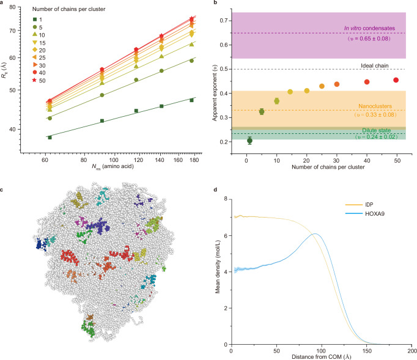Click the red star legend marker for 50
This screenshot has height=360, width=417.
pos(34,80)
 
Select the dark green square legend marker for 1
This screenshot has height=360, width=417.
pos(35,20)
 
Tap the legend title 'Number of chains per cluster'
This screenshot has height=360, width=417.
pos(68,9)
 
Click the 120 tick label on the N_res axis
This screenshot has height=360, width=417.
pos(138,160)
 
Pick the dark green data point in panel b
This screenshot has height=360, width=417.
pos(249,141)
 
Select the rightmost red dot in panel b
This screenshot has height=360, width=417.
pos(396,80)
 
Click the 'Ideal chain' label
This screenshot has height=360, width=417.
pos(374,65)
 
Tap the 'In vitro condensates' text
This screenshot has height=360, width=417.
pos(369,28)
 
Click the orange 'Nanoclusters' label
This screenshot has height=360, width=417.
pos(375,106)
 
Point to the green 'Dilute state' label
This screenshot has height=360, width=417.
pos(376,130)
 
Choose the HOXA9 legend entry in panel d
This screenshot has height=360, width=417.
pos(364,213)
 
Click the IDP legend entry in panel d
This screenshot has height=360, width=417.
pos(359,205)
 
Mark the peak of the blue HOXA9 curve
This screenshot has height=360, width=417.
pos(315,233)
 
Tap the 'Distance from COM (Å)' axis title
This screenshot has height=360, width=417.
pos(321,356)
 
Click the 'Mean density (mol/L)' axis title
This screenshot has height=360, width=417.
pos(218,266)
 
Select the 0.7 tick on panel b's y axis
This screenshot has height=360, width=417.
pos(224,20)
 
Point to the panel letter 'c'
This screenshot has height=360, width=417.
pos(2,189)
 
